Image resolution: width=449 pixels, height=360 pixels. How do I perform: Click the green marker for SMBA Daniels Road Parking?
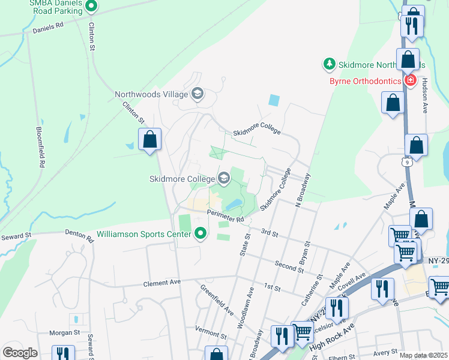(x=91, y=7)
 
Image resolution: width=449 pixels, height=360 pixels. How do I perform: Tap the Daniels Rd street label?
(x=48, y=28)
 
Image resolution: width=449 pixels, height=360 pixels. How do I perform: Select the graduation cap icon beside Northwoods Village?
(x=197, y=94)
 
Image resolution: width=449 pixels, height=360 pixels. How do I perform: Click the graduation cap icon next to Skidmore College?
(x=224, y=178)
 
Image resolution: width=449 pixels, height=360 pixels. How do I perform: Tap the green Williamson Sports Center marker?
(x=201, y=233)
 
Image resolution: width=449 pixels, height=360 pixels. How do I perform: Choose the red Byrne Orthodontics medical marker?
(x=411, y=80)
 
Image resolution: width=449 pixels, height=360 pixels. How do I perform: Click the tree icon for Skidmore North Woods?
(x=329, y=64)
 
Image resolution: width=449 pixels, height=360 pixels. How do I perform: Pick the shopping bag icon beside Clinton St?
(x=150, y=140)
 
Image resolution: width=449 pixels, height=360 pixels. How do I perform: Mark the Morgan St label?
(x=64, y=332)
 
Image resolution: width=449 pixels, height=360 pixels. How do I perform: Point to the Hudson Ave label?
(x=425, y=94)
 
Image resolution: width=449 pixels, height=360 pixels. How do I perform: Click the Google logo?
(x=20, y=353)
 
